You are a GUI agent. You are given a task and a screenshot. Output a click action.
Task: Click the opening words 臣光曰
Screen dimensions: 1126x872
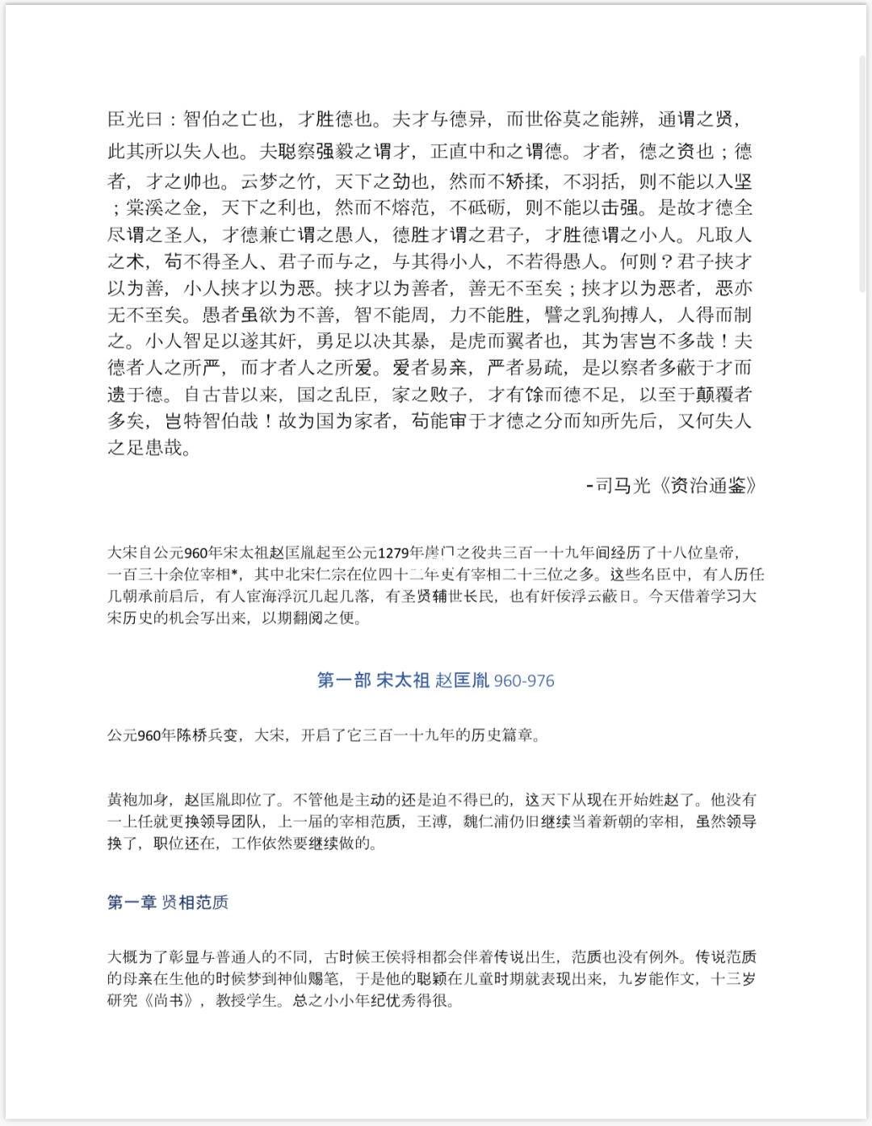click(x=136, y=119)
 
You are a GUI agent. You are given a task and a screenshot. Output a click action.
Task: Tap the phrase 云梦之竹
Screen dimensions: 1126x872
click(x=279, y=182)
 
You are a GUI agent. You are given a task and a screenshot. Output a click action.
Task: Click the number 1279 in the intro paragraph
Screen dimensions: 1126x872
click(x=394, y=553)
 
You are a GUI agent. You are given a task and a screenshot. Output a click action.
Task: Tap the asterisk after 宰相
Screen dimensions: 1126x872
click(x=234, y=574)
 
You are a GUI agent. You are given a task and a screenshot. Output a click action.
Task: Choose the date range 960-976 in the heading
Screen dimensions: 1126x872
click(x=524, y=680)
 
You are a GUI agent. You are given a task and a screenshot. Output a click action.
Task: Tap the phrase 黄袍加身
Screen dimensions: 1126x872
click(x=138, y=800)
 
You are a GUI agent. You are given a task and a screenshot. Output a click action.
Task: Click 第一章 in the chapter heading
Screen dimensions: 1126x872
click(x=132, y=902)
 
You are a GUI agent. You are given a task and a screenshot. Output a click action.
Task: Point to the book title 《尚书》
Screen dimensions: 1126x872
click(x=170, y=1001)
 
